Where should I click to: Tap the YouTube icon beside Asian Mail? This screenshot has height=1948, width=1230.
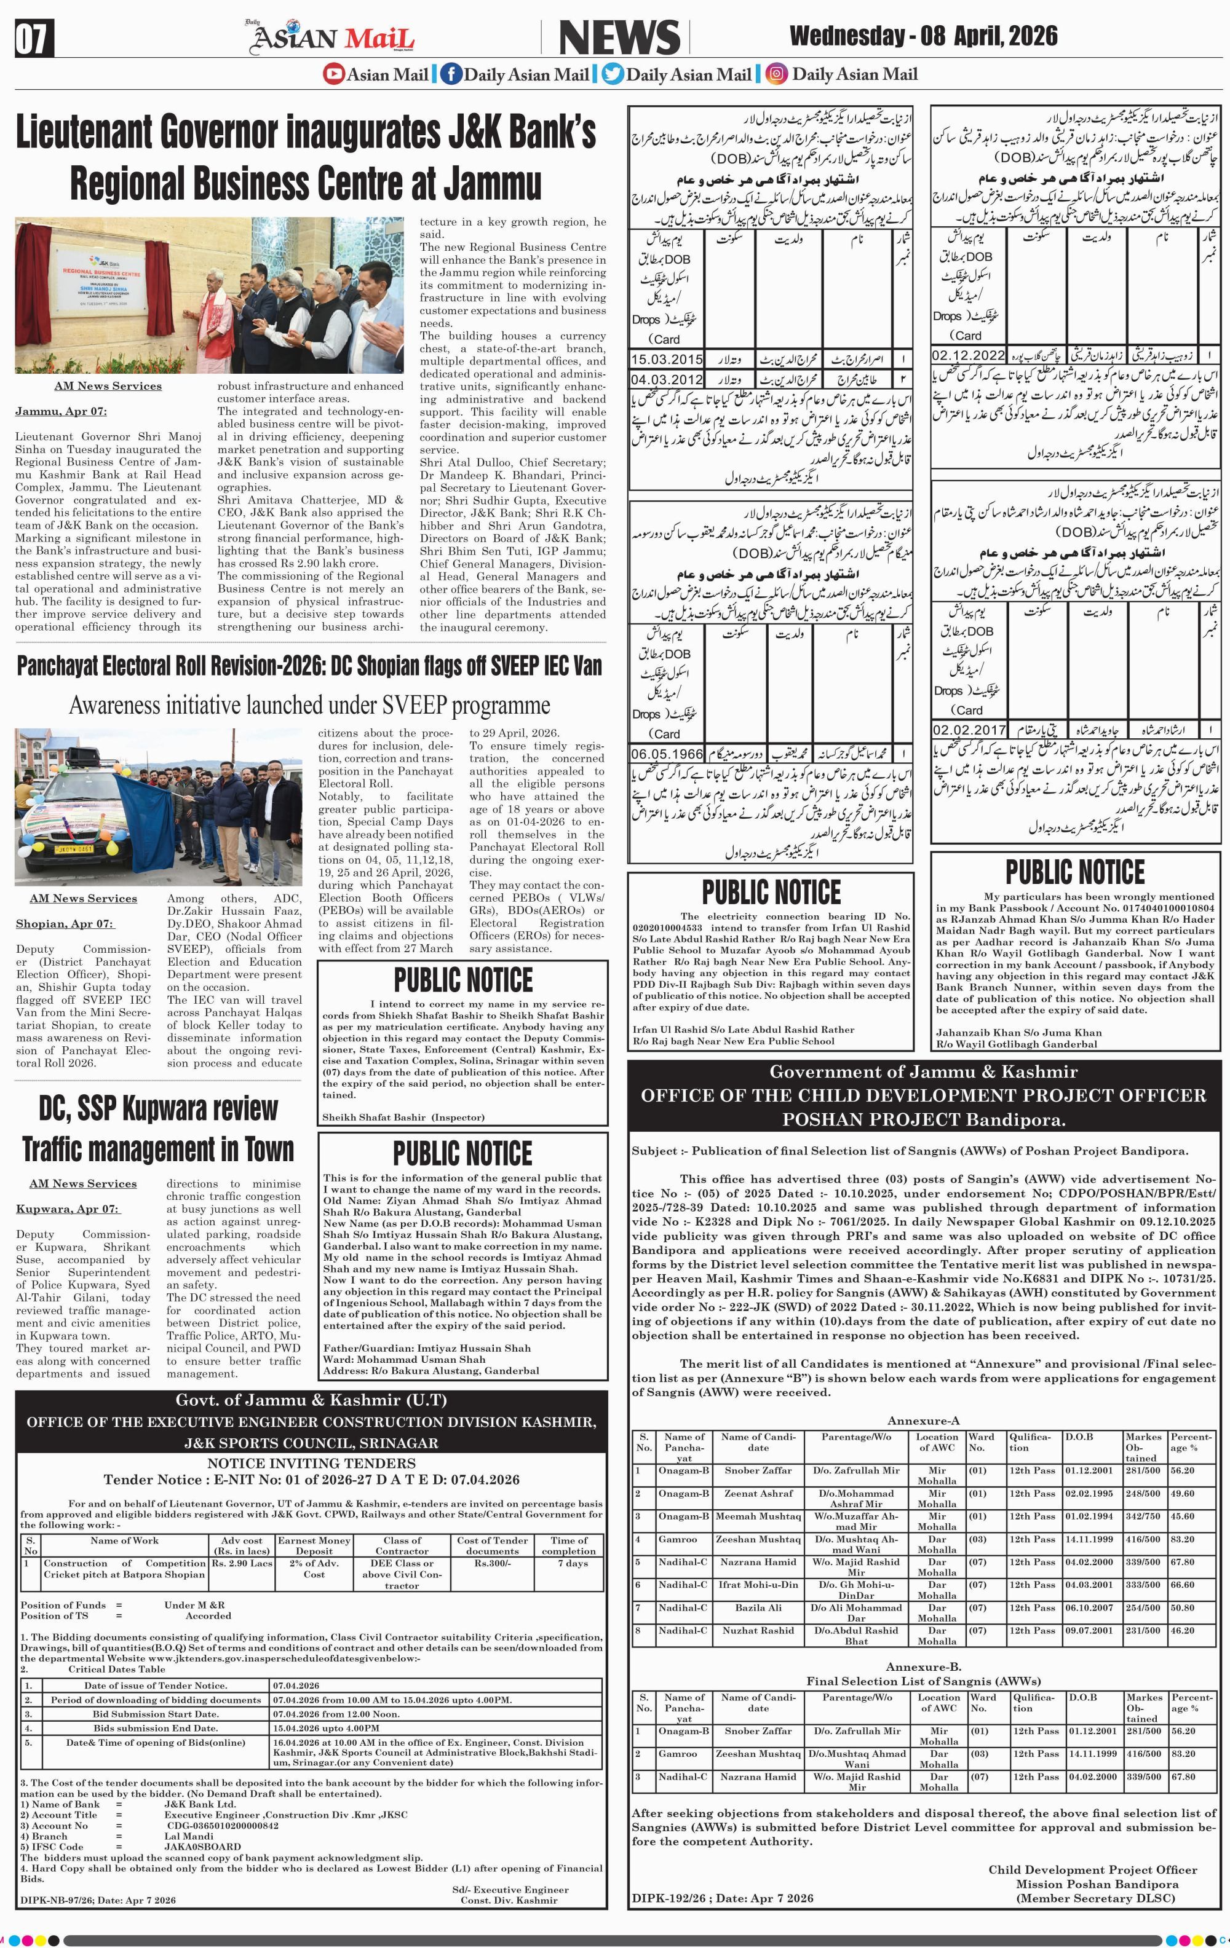[333, 74]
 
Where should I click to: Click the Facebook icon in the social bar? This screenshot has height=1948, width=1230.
[451, 74]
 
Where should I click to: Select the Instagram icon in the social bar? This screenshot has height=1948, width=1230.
[776, 74]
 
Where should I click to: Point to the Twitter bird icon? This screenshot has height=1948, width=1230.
[613, 74]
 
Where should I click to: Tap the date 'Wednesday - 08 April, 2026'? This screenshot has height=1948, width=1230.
[922, 36]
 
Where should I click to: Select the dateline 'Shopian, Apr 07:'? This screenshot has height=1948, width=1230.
[65, 923]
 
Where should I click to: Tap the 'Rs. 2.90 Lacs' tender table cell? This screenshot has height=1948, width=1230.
[242, 1564]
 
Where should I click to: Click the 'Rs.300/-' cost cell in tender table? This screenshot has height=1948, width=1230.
[492, 1564]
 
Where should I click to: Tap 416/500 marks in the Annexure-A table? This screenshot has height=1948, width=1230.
[1143, 1539]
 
